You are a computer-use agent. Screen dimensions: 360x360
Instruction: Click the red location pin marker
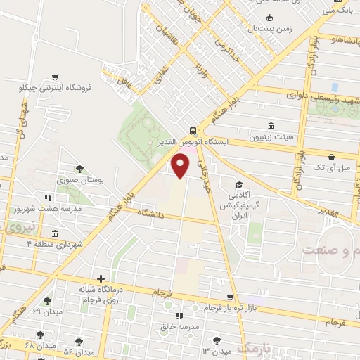click(181, 165)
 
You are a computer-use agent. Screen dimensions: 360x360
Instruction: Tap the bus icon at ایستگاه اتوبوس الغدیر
click(193, 131)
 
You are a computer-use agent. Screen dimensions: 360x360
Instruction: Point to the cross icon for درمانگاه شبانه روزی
click(101, 279)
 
